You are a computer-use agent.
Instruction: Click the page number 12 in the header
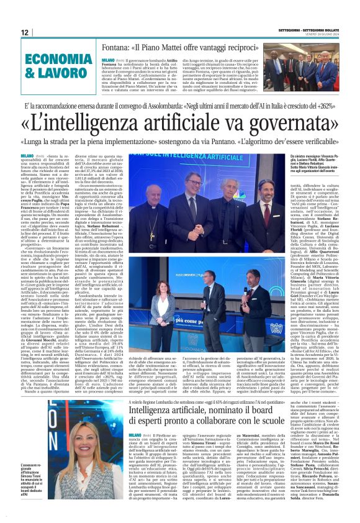pyautogui.click(x=25, y=32)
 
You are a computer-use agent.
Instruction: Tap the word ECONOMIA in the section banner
pyautogui.click(x=59, y=60)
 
